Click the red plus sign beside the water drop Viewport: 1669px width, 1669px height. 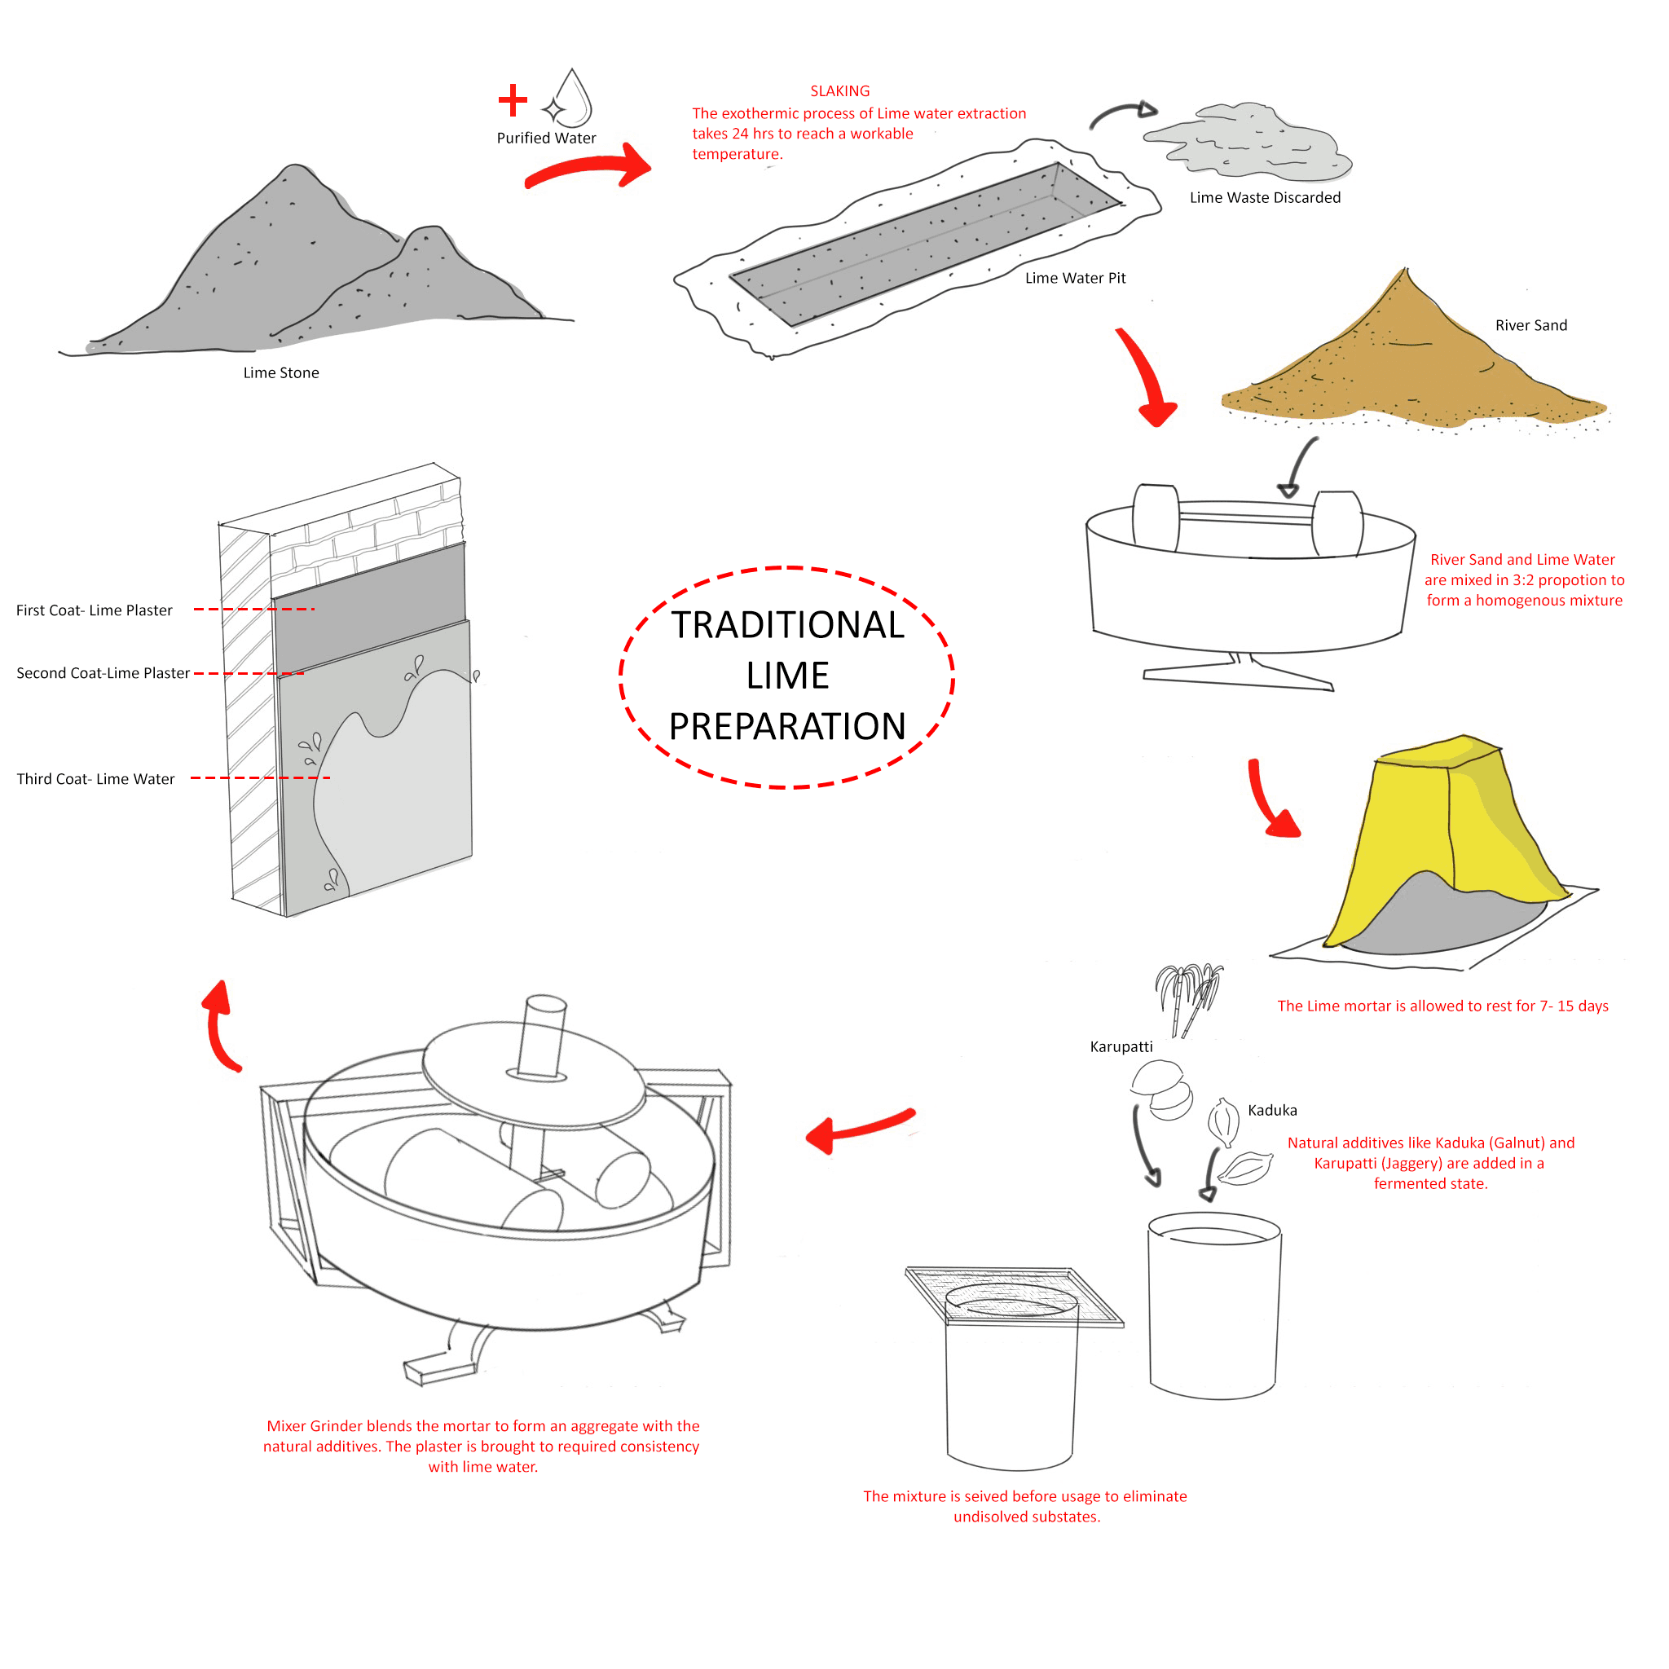[513, 100]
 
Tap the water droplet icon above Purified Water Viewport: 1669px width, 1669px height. [572, 99]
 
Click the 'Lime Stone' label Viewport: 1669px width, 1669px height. [281, 373]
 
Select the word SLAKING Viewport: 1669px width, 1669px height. [839, 90]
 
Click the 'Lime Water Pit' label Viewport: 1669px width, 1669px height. [1075, 278]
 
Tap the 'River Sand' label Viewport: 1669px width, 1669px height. [1530, 326]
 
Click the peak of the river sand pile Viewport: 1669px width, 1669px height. [1407, 275]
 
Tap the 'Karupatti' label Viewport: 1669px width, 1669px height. [1121, 1047]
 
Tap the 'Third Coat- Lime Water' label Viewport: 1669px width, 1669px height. [96, 779]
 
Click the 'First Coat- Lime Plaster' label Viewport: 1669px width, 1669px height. [95, 610]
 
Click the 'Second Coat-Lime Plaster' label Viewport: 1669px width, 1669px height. [103, 674]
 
